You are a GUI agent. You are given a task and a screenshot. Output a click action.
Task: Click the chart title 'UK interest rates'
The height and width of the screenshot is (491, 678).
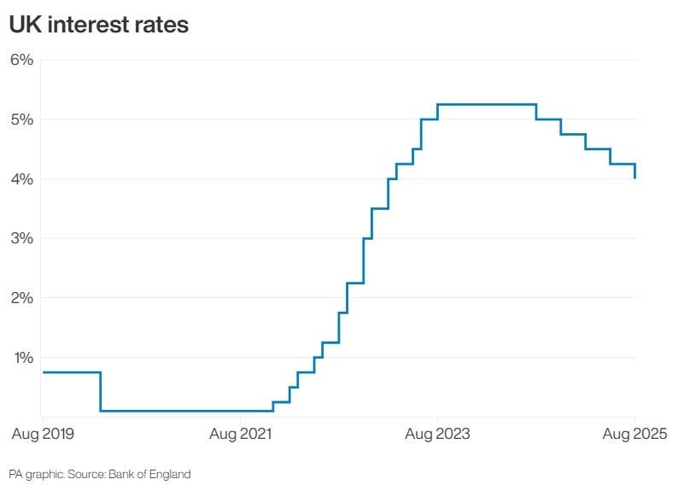tap(98, 26)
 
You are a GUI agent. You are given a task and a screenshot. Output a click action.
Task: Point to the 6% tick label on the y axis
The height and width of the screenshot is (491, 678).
tap(21, 60)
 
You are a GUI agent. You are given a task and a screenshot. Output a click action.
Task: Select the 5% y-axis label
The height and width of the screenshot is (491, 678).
tap(21, 120)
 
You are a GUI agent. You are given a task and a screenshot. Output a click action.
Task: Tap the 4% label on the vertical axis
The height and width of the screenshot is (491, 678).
tap(21, 179)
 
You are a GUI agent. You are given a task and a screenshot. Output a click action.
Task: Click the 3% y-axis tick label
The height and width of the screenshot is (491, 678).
tap(21, 238)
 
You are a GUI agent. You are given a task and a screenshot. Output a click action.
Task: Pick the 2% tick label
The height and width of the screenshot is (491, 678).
tap(21, 298)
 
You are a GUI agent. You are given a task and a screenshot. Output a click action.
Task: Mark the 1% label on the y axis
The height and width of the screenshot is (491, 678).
tap(21, 358)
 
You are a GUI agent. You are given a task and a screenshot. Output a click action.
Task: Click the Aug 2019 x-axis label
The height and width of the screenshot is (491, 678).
tap(43, 435)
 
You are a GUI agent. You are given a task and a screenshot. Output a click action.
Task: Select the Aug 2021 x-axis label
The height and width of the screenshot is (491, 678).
tap(240, 435)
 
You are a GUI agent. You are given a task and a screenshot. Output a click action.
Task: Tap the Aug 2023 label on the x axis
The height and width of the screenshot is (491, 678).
tap(437, 435)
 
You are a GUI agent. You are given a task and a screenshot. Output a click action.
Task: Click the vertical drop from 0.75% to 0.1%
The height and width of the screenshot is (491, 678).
tap(101, 392)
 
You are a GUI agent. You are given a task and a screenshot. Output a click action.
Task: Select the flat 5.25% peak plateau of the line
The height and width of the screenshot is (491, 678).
tap(487, 104)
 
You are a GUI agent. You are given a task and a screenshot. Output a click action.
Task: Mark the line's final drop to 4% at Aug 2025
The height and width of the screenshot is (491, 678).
tap(635, 171)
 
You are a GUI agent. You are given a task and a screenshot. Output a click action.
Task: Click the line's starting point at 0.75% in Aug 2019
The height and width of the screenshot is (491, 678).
tap(42, 372)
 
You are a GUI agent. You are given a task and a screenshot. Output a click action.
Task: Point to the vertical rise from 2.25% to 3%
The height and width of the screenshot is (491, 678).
tap(364, 260)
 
